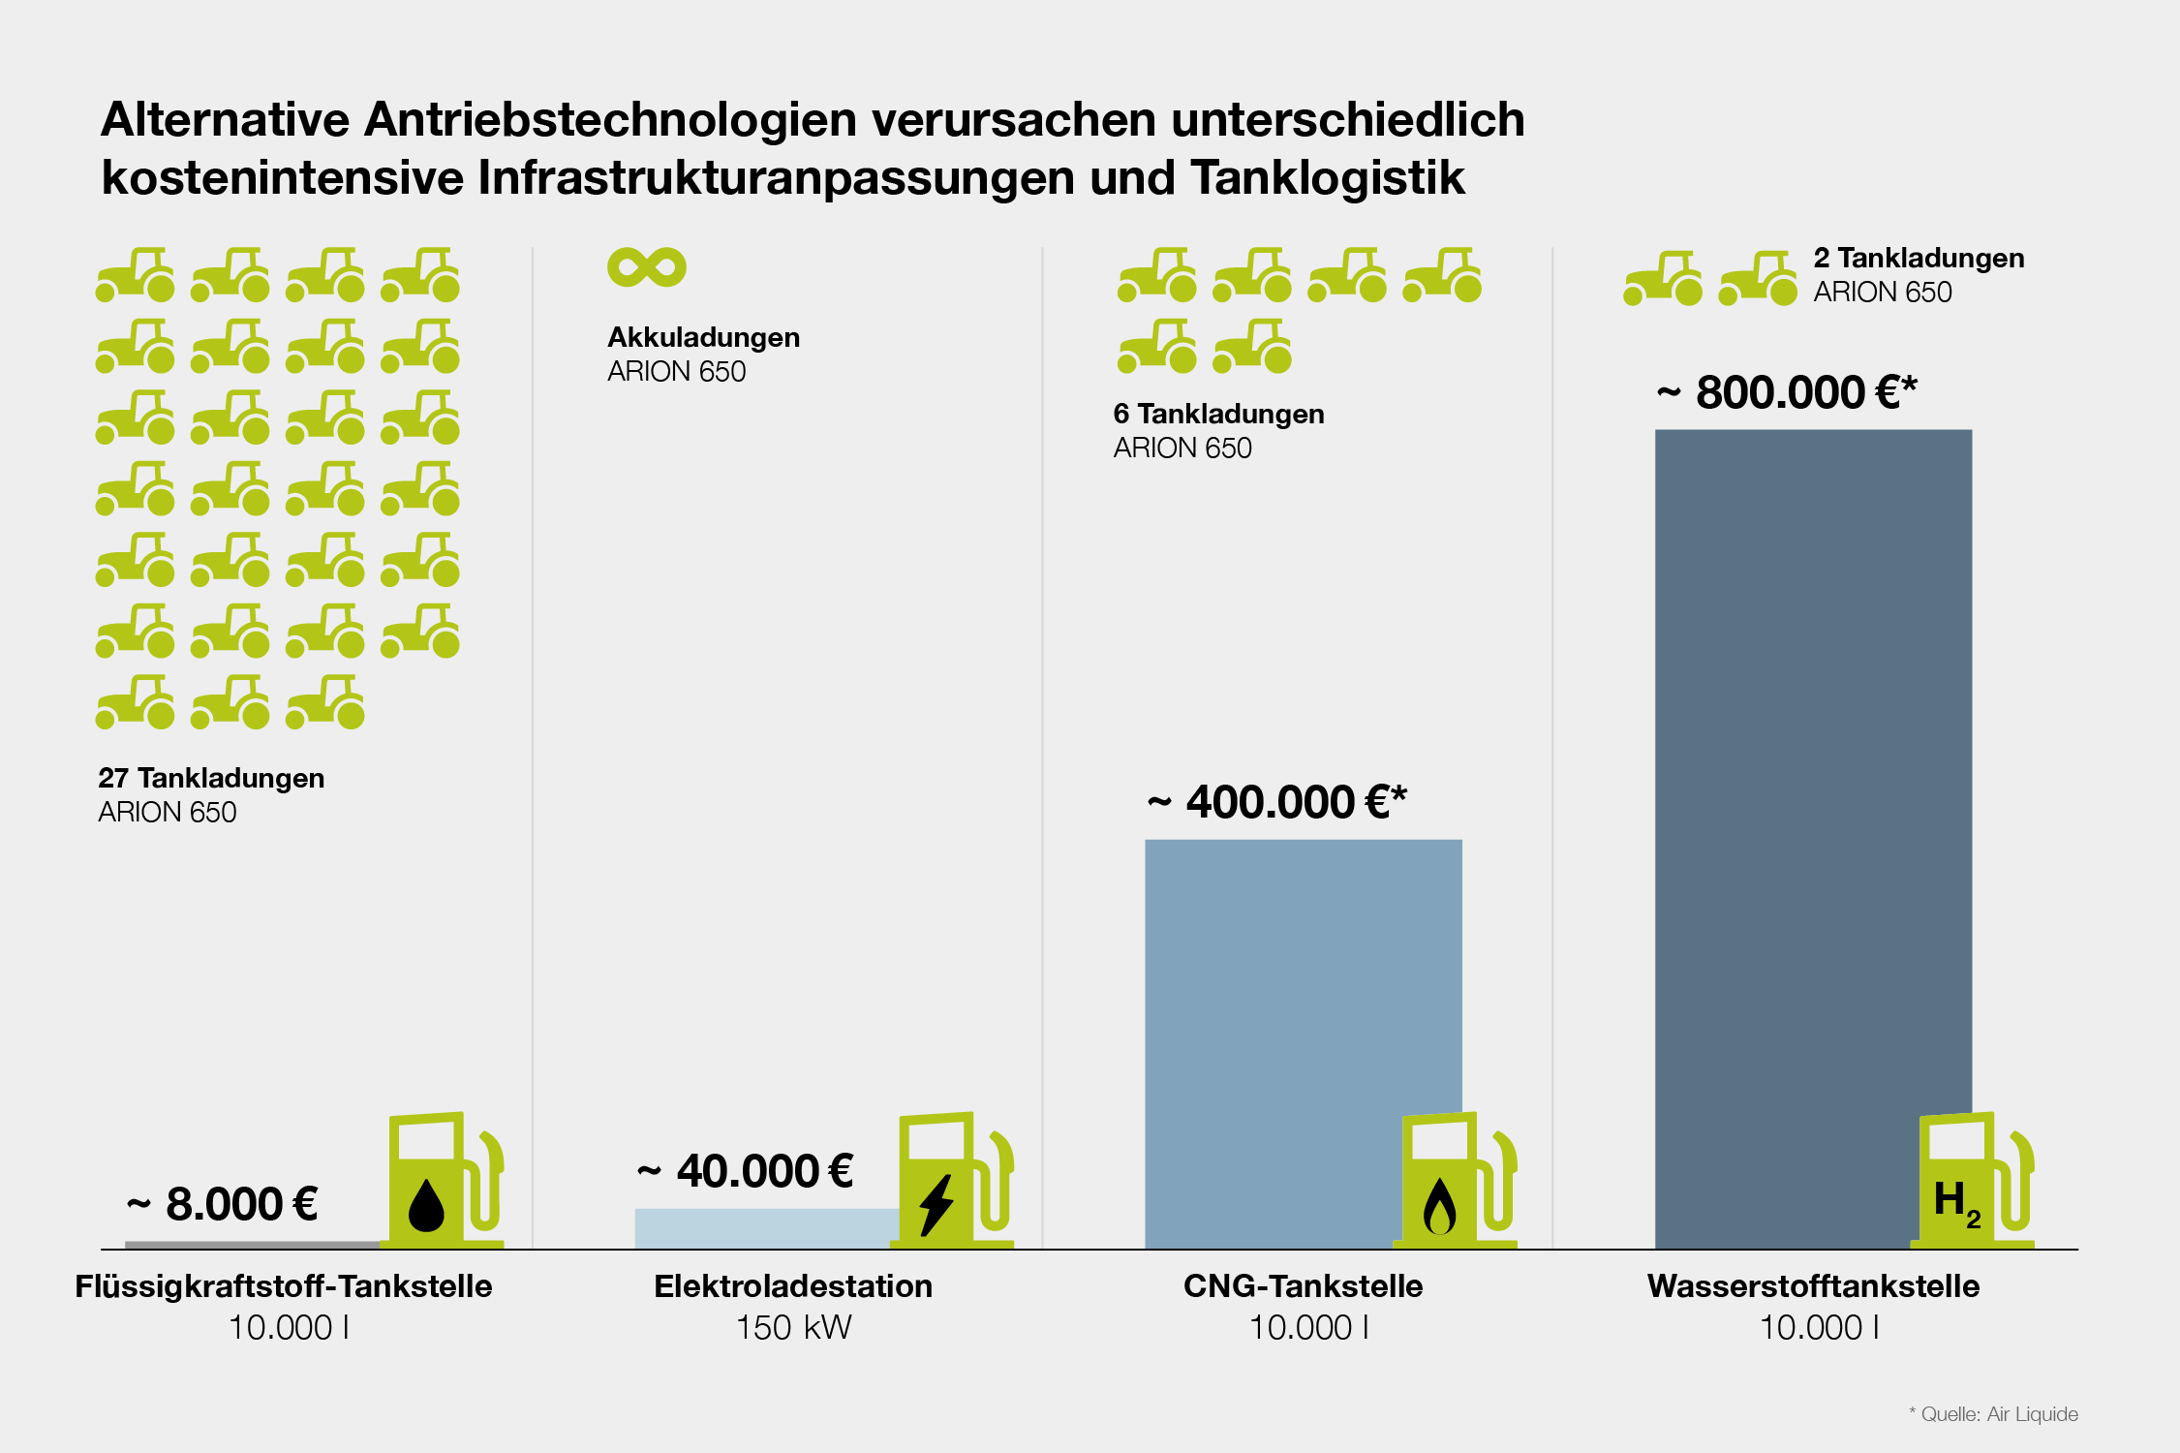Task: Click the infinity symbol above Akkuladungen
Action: click(x=646, y=267)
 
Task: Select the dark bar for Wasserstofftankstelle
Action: click(x=1812, y=775)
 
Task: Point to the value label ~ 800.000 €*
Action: click(x=1787, y=392)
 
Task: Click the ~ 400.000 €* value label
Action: click(x=1276, y=802)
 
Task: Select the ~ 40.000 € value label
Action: click(x=746, y=1171)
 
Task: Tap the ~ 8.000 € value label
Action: click(x=223, y=1204)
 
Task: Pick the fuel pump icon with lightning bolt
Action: click(x=953, y=1182)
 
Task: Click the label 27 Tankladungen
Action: click(x=211, y=778)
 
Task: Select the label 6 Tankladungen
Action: click(x=1218, y=414)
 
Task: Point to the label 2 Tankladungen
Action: click(x=1919, y=258)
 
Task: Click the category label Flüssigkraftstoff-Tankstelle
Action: click(x=284, y=1286)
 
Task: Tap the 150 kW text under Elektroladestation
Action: click(x=793, y=1327)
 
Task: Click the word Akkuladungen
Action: click(x=703, y=337)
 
